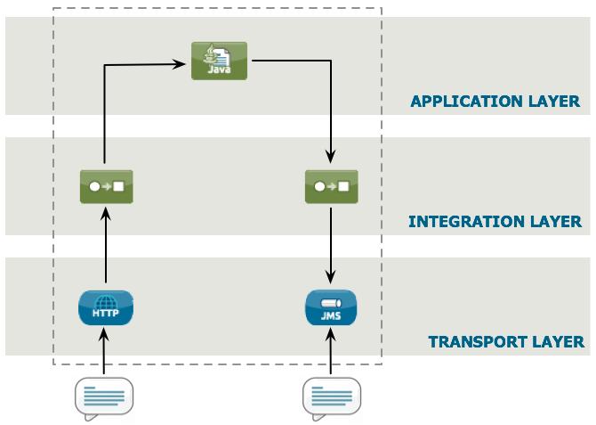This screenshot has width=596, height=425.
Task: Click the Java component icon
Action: coord(219,61)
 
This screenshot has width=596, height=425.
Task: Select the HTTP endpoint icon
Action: coord(106,308)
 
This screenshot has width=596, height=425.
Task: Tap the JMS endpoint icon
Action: coord(331,308)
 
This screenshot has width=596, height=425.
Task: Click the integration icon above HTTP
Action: coord(106,187)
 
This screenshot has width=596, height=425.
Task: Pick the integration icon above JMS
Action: coord(331,187)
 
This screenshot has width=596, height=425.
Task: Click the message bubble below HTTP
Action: coord(104,396)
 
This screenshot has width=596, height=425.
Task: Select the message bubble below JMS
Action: coord(332,396)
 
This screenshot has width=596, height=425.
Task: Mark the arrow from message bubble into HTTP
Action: coord(104,352)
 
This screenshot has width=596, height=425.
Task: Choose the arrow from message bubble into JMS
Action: coord(331,352)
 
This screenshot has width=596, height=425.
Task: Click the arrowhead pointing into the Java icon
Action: coord(181,63)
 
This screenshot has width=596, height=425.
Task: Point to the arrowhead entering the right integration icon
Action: coord(331,158)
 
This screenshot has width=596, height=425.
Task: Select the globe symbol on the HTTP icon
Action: coord(106,303)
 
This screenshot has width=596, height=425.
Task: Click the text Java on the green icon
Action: coord(220,69)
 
